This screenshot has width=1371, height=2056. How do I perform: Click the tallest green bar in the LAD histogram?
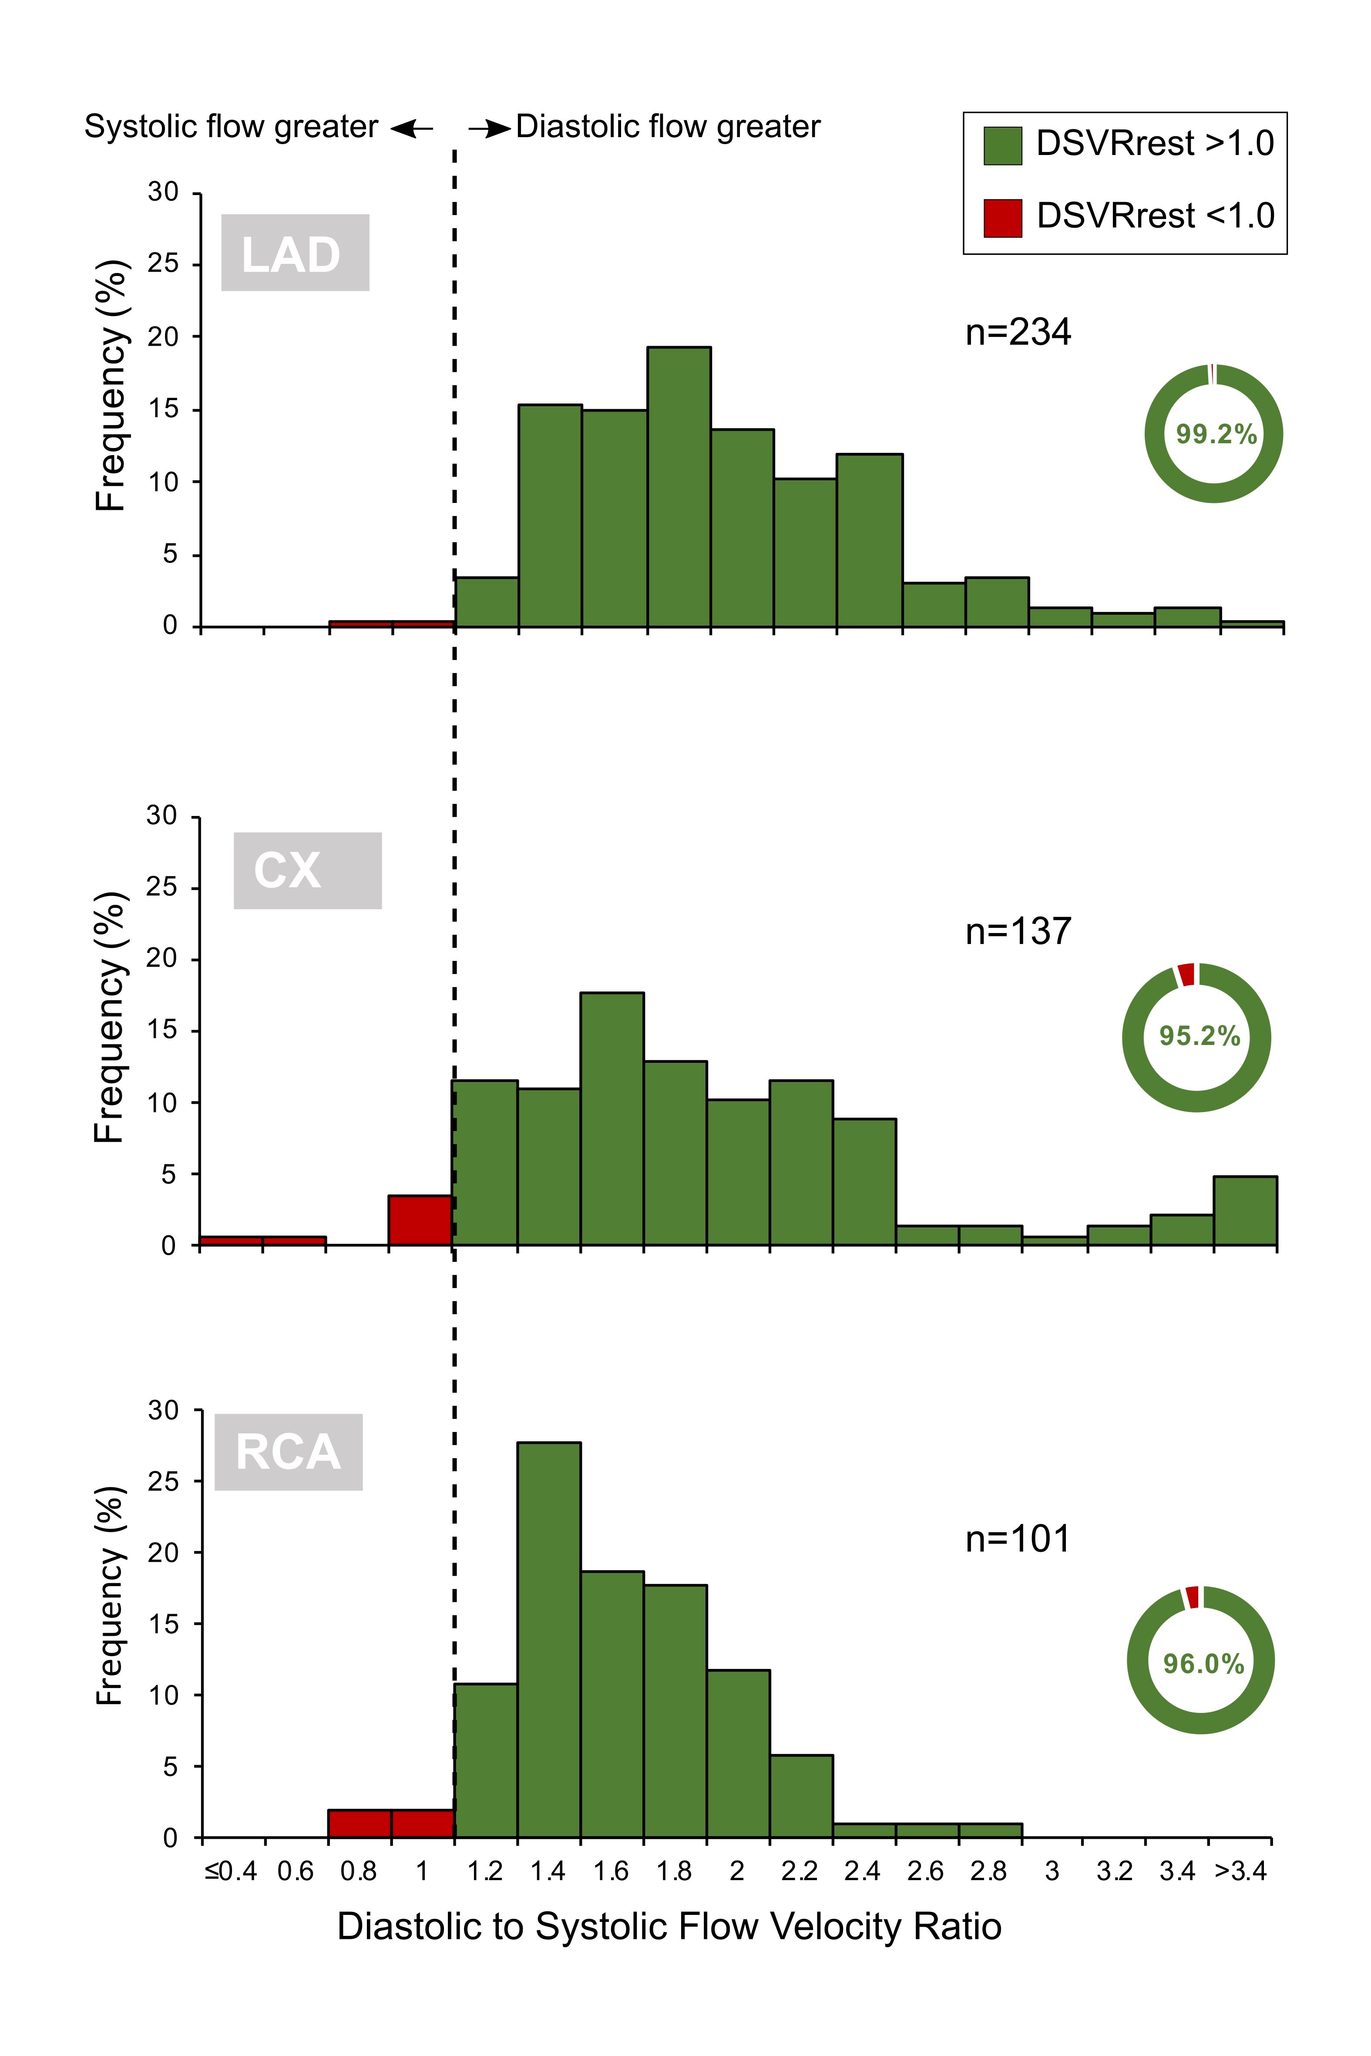[x=679, y=487]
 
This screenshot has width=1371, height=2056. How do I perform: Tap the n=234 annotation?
[x=1018, y=332]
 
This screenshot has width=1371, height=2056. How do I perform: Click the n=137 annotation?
[x=1018, y=931]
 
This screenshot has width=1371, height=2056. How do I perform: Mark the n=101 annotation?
[x=1018, y=1539]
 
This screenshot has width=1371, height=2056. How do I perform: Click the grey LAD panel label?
[x=295, y=253]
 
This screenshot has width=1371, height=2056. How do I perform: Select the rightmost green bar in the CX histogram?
[x=1245, y=1210]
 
